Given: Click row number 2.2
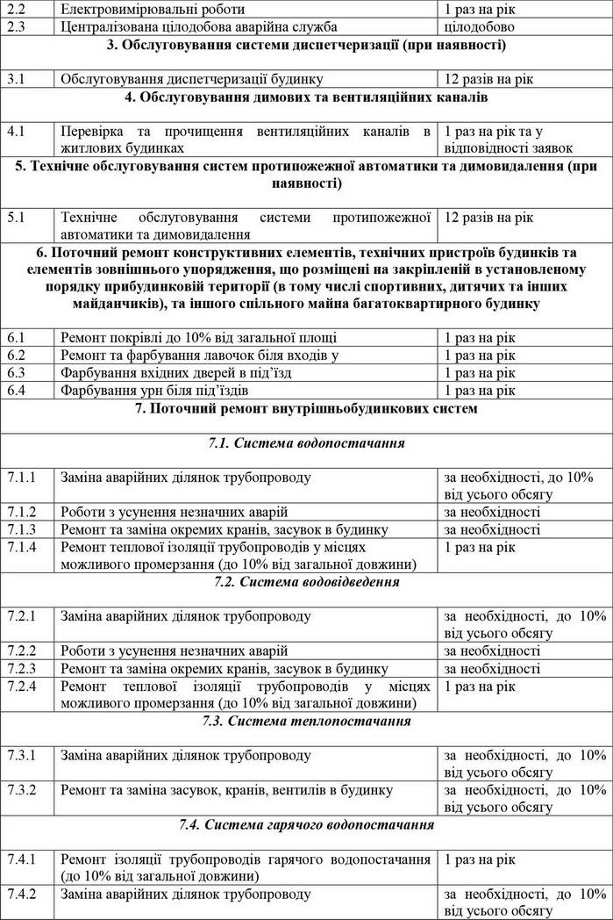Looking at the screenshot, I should click(x=17, y=9).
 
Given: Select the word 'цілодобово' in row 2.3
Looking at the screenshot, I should click(x=479, y=26).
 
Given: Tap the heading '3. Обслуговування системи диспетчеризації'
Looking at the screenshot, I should click(x=306, y=44).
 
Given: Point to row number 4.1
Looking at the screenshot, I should click(x=17, y=131).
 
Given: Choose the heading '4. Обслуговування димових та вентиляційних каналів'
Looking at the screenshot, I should click(x=306, y=97).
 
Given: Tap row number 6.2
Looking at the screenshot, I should click(x=17, y=356).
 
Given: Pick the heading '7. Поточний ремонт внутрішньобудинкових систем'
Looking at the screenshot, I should click(x=306, y=408).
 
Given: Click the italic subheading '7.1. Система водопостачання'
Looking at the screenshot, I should click(x=306, y=443).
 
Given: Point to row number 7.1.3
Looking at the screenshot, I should click(x=22, y=529).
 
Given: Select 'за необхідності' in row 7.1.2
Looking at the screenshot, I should click(x=492, y=512).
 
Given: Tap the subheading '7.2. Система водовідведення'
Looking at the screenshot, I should click(x=306, y=581).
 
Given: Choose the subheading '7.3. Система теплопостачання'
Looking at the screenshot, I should click(x=306, y=721).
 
